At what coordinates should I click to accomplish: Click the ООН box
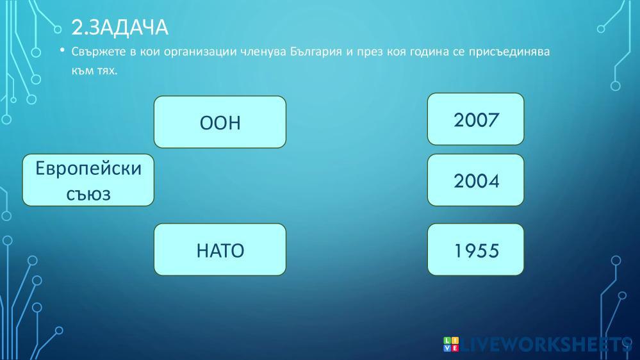pyautogui.click(x=220, y=122)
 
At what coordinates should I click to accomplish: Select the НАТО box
pyautogui.click(x=220, y=249)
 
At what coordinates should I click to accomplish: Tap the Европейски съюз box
pyautogui.click(x=88, y=180)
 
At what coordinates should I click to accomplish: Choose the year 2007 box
pyautogui.click(x=475, y=119)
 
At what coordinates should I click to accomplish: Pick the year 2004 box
pyautogui.click(x=475, y=180)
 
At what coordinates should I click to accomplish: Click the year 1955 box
pyautogui.click(x=475, y=249)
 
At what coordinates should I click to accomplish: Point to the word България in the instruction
pyautogui.click(x=316, y=52)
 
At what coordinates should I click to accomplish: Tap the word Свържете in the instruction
pyautogui.click(x=99, y=52)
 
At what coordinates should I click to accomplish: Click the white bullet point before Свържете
pyautogui.click(x=62, y=50)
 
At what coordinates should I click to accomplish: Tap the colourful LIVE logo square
pyautogui.click(x=451, y=344)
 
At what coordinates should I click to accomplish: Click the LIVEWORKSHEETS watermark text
pyautogui.click(x=546, y=345)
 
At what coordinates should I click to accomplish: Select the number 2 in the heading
pyautogui.click(x=76, y=28)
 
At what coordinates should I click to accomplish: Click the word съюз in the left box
pyautogui.click(x=88, y=194)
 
